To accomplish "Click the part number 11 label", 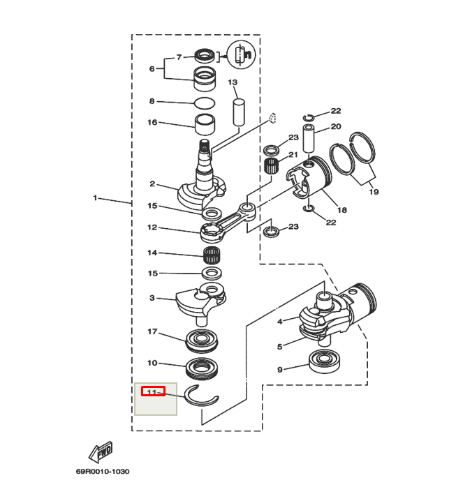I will pos(152,391).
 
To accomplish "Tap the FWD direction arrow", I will pos(100,452).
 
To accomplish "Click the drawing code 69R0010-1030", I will pos(103,472).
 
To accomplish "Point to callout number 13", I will pos(233,82).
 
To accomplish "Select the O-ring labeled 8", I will pos(205,103).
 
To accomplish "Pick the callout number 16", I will pos(152,123).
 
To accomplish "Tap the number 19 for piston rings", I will pos(374,191).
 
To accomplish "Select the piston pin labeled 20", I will pos(311,140).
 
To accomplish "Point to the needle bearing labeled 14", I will pos(212,254).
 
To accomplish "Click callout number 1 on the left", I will pos(95,198).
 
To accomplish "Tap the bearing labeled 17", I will pos(204,340).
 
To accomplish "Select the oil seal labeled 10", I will pos(204,366).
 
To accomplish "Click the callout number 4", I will pos(279,322).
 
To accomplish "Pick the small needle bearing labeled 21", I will pos(273,167).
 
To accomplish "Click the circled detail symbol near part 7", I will pos(240,54).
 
